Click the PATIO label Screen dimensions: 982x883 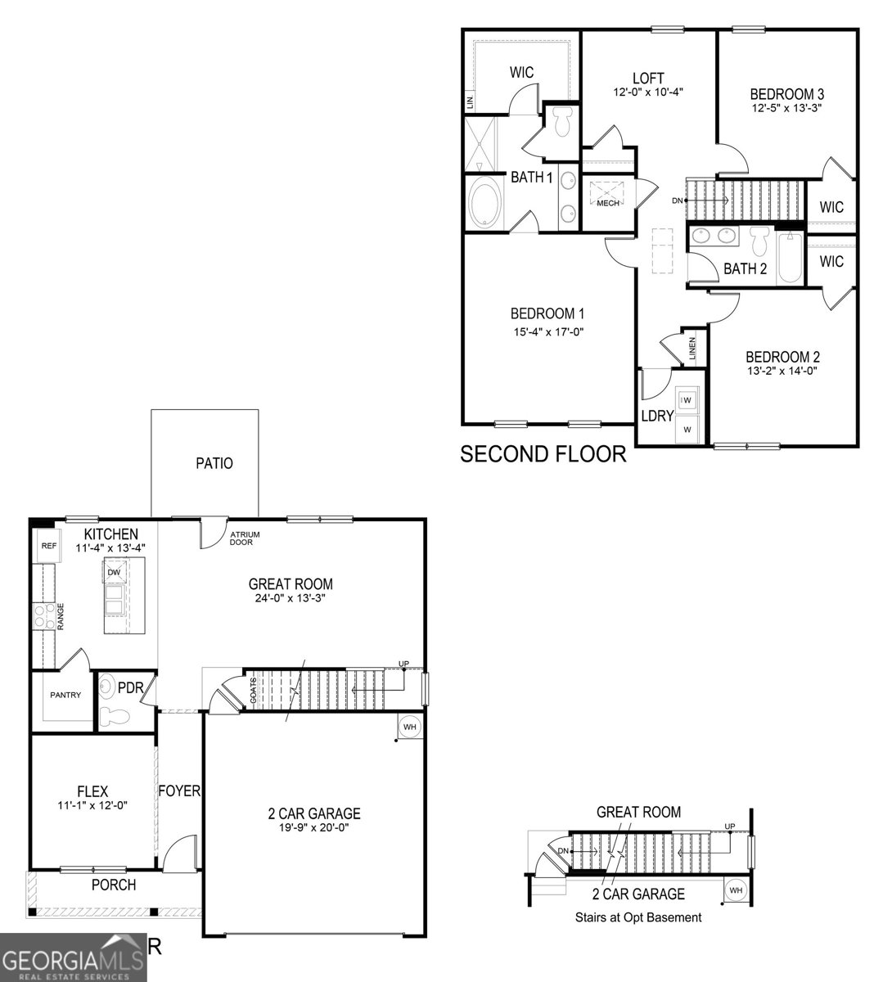click(x=214, y=463)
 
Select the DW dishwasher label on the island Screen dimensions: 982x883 click(x=114, y=571)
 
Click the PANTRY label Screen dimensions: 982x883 click(x=65, y=695)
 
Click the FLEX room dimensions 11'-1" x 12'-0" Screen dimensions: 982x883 click(x=92, y=805)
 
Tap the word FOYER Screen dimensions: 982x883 click(x=179, y=791)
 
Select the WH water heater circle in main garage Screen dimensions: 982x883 click(x=410, y=726)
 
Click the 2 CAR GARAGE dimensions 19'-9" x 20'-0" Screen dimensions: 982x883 click(x=313, y=827)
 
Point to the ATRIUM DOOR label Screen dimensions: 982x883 click(x=246, y=538)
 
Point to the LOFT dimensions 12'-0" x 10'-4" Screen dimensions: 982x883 click(x=647, y=92)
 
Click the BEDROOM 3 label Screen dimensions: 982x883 click(x=786, y=93)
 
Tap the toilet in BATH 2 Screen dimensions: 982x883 click(x=758, y=241)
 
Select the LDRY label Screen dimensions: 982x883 click(x=656, y=416)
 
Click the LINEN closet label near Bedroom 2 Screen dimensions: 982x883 click(x=692, y=349)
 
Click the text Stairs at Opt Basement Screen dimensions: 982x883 click(x=637, y=917)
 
